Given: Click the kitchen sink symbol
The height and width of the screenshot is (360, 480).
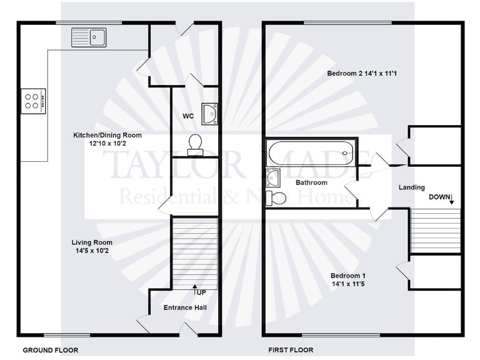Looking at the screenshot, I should [89, 37].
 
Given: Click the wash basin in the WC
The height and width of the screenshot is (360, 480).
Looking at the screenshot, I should [209, 114].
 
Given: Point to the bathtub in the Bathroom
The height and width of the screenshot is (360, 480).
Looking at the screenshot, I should [309, 151].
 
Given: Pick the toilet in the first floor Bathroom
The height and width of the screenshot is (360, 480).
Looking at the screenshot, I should [276, 199].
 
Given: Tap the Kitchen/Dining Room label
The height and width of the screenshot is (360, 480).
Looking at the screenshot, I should [107, 139].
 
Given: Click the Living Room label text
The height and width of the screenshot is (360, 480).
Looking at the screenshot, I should [92, 246].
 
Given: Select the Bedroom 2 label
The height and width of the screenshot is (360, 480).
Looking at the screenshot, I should [362, 74].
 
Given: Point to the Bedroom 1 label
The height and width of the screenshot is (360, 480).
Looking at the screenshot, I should [348, 279].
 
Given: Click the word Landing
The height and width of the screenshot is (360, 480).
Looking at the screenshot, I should [412, 187].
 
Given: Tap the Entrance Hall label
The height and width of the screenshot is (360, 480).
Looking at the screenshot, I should [185, 307].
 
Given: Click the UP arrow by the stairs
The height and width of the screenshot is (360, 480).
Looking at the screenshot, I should [195, 290].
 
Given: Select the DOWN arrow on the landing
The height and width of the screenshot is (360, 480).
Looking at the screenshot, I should [451, 199].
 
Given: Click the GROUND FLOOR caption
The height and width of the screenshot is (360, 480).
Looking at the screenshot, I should [51, 350].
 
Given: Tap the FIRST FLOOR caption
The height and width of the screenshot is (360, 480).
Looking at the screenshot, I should [291, 350].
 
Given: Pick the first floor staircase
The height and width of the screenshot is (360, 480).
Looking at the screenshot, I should [435, 230].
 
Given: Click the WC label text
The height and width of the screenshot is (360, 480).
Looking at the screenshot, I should [188, 116].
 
